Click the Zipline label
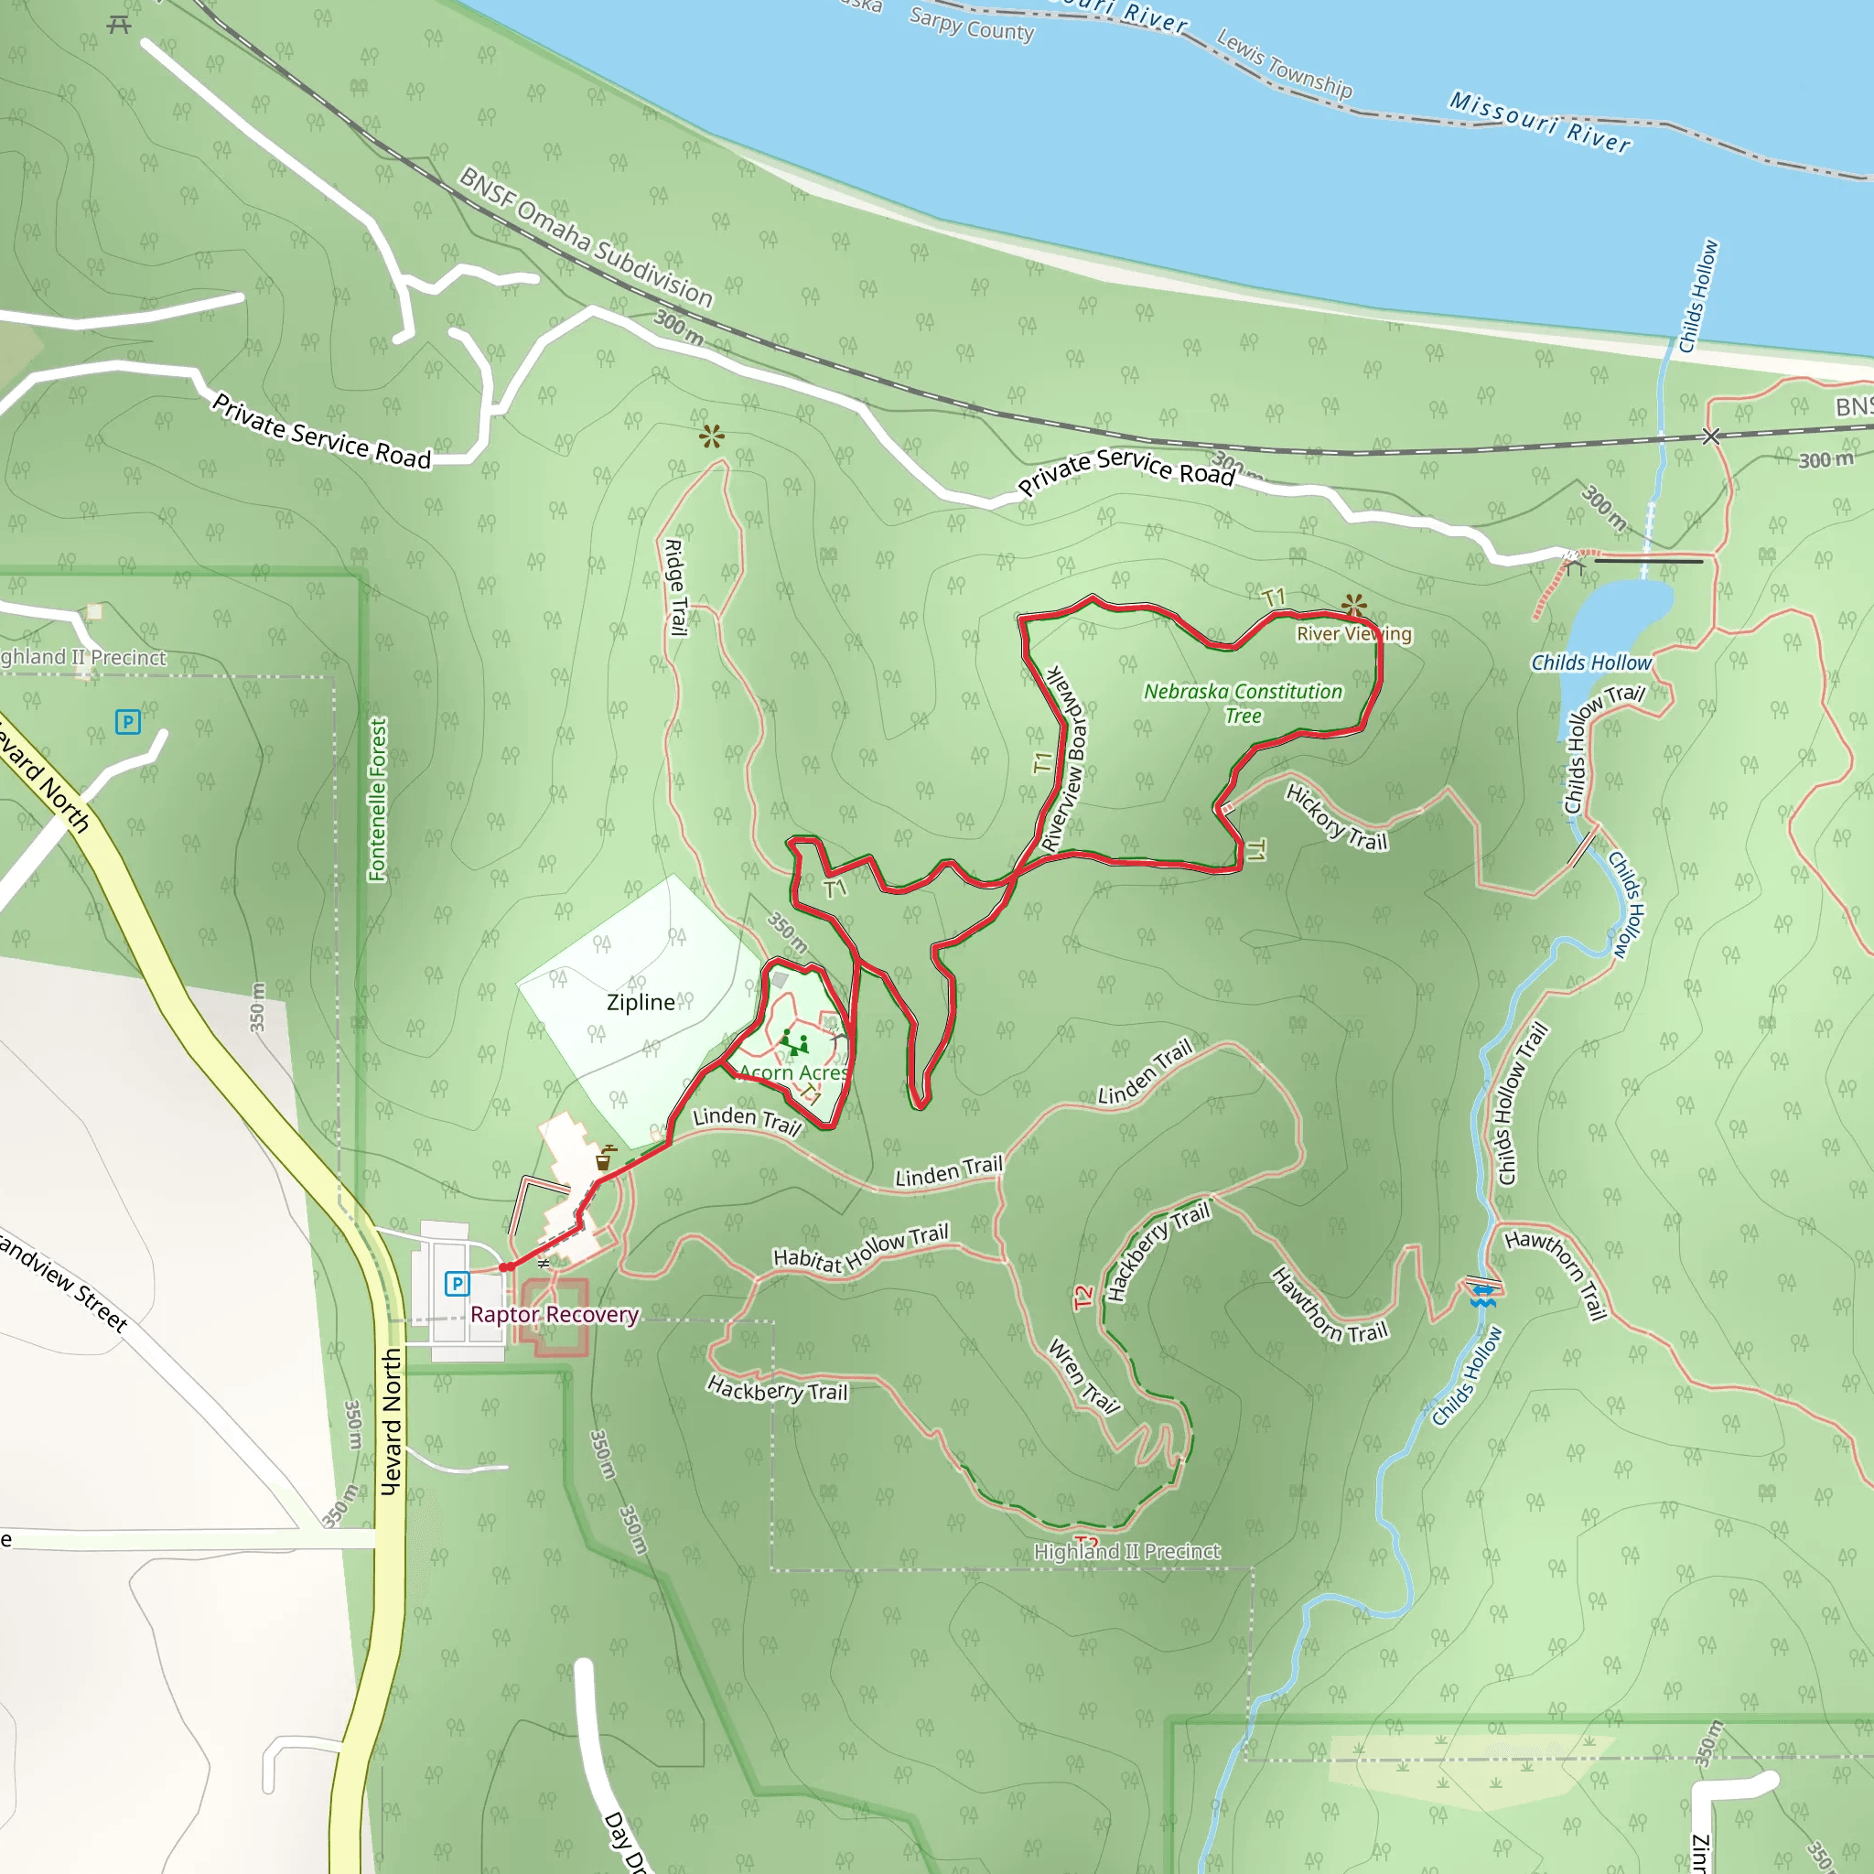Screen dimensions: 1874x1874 pyautogui.click(x=641, y=1002)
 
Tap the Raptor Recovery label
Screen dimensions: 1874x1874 pyautogui.click(x=554, y=1314)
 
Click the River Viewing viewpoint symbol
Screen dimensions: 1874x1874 pyautogui.click(x=1354, y=607)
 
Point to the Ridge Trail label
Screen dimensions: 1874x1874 pyautogui.click(x=675, y=587)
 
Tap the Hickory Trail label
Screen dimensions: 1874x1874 pyautogui.click(x=1336, y=818)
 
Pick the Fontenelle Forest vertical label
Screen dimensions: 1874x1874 pyautogui.click(x=377, y=799)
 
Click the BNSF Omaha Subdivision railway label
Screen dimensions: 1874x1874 pyautogui.click(x=586, y=237)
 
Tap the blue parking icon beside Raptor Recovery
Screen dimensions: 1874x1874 pyautogui.click(x=457, y=1284)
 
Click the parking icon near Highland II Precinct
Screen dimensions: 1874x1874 pyautogui.click(x=128, y=722)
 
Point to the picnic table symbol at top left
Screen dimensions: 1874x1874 pyautogui.click(x=119, y=25)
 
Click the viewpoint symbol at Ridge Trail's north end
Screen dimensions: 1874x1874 pyautogui.click(x=712, y=436)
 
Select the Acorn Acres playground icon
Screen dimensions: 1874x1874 pyautogui.click(x=795, y=1044)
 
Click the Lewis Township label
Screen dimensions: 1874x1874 pyautogui.click(x=1283, y=64)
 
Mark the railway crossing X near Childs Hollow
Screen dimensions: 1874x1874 pyautogui.click(x=1711, y=436)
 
